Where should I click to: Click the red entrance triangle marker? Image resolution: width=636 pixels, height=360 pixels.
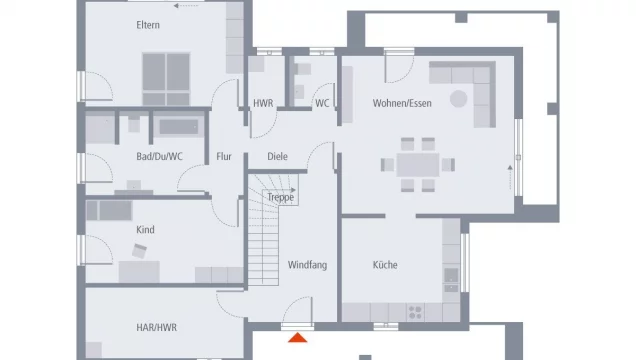coord(297,337)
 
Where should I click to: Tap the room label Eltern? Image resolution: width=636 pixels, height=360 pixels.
coord(148,25)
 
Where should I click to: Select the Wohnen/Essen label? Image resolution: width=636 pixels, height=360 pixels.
coord(402,103)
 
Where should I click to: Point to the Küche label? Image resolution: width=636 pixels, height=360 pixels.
coord(385,265)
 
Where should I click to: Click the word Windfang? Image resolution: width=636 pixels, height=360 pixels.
coord(307,265)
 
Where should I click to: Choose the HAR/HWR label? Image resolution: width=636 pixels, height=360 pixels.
coord(157,328)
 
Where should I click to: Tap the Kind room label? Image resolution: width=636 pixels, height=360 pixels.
coord(145,230)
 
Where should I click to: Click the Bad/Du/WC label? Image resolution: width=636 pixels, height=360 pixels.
coord(159,156)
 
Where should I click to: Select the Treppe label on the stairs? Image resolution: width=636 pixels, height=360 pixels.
coord(281,197)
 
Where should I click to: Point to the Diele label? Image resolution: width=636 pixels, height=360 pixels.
coord(277,156)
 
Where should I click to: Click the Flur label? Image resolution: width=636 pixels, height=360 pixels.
coord(224,156)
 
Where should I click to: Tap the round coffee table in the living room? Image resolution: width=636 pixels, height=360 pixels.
coord(458,99)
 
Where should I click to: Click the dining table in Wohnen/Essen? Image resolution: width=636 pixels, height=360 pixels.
coord(418,165)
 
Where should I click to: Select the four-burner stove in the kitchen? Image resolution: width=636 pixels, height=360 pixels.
coord(415,313)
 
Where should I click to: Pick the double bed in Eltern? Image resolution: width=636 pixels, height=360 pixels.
coord(166,79)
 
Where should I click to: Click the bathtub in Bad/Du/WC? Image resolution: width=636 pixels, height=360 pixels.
coord(178,127)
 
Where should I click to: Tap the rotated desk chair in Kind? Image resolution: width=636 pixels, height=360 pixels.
coord(139,251)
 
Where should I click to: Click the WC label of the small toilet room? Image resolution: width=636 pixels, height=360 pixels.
coord(322,103)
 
